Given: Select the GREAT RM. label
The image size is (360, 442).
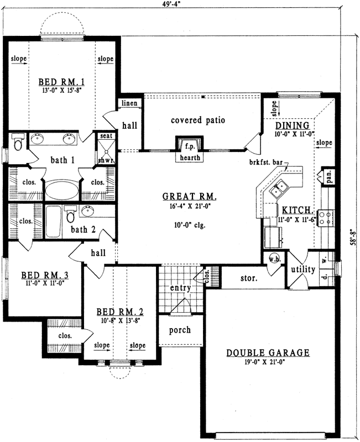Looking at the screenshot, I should tap(189, 197).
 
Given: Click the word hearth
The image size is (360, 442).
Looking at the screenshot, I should tap(189, 157).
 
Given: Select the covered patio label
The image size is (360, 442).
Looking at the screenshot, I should tap(197, 120).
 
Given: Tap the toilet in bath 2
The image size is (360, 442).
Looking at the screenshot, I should tap(70, 213).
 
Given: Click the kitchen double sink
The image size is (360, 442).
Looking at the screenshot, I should tap(279, 188).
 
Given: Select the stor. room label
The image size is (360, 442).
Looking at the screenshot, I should tap(248, 278).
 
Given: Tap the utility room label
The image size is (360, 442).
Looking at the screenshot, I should tap(303, 270).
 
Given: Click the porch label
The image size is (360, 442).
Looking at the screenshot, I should tap(179, 330).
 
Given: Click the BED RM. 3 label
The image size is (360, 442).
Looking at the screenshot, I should tap(41, 275).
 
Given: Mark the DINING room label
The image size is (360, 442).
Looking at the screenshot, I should tap(290, 125).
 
